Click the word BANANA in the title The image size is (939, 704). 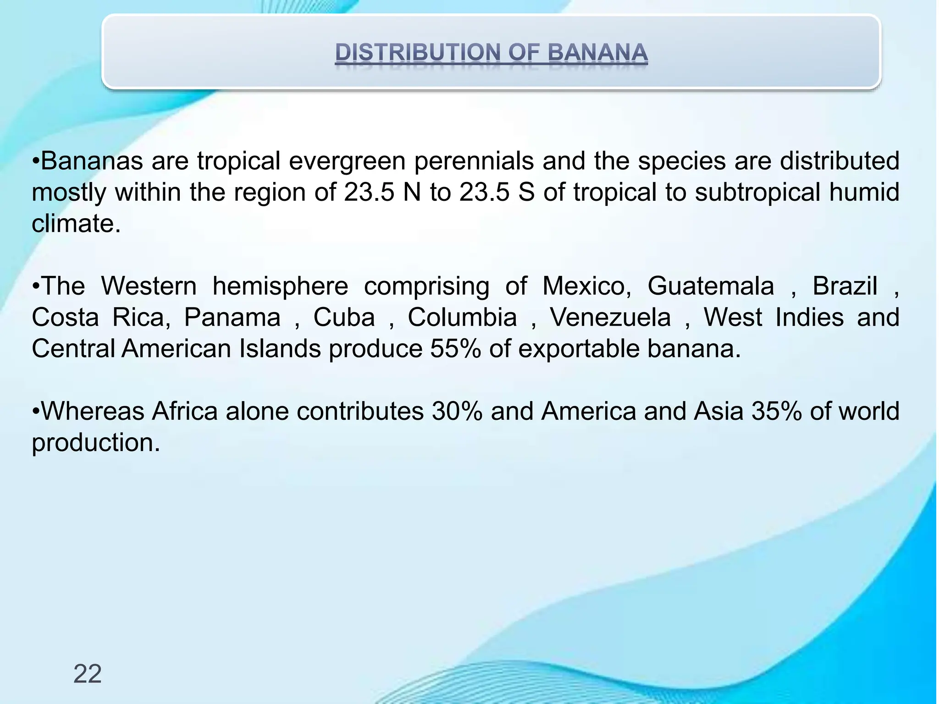tap(597, 52)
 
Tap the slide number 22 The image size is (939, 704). tap(87, 674)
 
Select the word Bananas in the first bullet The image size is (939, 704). tap(92, 161)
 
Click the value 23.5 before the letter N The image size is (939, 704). tap(369, 192)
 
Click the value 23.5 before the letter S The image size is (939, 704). tap(484, 192)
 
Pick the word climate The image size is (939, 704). tap(76, 224)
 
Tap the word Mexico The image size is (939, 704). tap(586, 286)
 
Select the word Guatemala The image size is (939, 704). tap(711, 286)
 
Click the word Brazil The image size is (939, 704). tap(845, 286)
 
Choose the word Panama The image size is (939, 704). tap(232, 317)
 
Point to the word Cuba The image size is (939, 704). tap(344, 317)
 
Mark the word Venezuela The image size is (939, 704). tap(610, 317)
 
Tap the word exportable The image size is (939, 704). tap(578, 349)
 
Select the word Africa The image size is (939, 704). tap(185, 411)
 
